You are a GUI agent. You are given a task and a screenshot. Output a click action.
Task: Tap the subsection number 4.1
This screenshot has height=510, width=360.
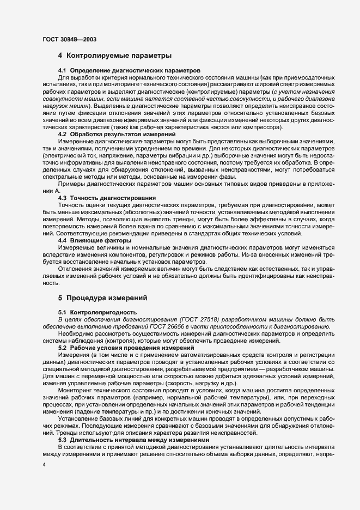[62, 71]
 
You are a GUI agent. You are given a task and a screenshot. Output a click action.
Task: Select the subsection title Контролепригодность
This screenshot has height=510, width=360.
[98, 312]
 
